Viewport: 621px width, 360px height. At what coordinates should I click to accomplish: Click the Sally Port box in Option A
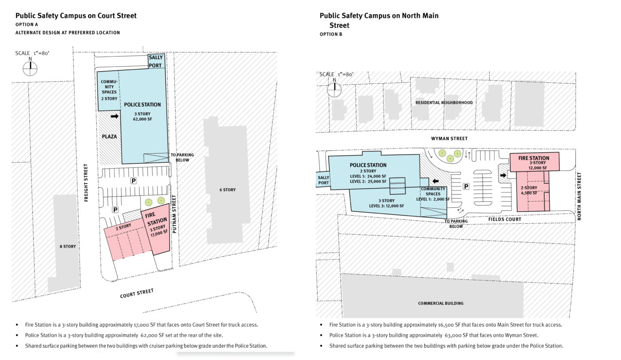tap(156, 61)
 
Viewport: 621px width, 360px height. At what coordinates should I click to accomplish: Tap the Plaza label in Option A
tap(109, 136)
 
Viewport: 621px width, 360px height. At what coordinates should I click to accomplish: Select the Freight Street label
tap(86, 182)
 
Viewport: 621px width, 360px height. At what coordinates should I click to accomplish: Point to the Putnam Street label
tap(174, 214)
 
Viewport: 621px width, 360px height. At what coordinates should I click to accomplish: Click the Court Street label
tap(137, 293)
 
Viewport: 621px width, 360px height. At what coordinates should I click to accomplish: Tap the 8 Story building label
tap(67, 246)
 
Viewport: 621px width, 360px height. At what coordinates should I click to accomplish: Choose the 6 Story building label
tap(228, 190)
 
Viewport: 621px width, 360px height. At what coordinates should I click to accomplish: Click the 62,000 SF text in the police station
tap(142, 119)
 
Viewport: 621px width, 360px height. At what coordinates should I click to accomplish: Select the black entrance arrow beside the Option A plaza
tap(114, 116)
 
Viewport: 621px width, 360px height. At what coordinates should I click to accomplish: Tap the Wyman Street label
tap(449, 138)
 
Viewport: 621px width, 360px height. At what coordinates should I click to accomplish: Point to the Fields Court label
tap(505, 219)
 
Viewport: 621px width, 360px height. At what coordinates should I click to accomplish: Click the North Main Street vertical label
tap(579, 196)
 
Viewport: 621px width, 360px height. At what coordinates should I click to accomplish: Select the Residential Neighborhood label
tap(444, 103)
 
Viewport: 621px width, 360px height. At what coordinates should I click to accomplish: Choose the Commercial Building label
tap(440, 303)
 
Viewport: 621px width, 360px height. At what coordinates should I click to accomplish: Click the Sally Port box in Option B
tap(323, 180)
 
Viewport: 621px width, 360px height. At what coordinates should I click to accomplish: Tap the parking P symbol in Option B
tap(466, 186)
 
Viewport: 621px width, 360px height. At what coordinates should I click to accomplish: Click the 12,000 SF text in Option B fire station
tap(538, 168)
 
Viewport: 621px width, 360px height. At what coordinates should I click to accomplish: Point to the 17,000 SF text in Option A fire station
tap(159, 233)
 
